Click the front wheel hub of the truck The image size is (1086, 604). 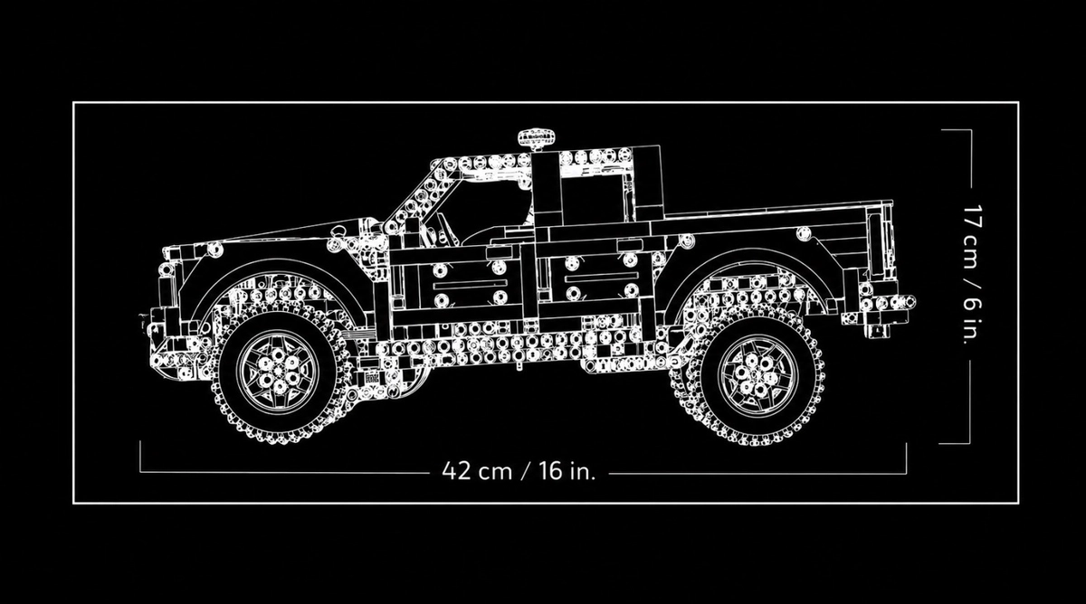pyautogui.click(x=278, y=372)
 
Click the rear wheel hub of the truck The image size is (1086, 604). pyautogui.click(x=757, y=375)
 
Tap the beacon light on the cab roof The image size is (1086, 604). pyautogui.click(x=537, y=137)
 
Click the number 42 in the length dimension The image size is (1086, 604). pyautogui.click(x=456, y=471)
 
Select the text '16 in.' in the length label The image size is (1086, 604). pyautogui.click(x=567, y=471)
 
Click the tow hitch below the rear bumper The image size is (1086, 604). pyautogui.click(x=878, y=330)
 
